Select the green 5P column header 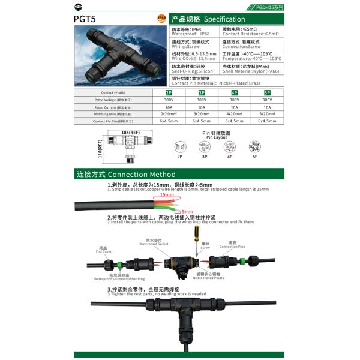tap(266, 93)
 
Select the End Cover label tap(103, 249)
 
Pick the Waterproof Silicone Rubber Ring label tap(119, 277)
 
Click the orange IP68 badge tap(161, 19)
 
